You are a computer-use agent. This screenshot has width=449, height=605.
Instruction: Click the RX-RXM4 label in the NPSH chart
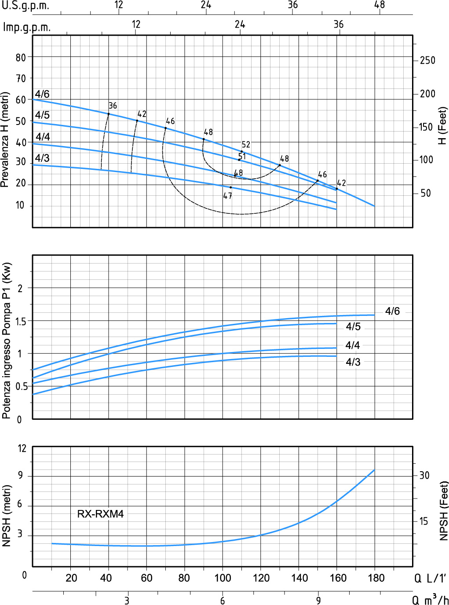[x=100, y=513]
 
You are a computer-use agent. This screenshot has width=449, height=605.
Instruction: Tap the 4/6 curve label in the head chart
[x=42, y=94]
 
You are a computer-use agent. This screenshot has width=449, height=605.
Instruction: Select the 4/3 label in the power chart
[x=353, y=362]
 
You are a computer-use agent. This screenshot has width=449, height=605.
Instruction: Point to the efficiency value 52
[x=246, y=144]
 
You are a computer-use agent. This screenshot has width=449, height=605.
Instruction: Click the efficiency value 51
[x=242, y=156]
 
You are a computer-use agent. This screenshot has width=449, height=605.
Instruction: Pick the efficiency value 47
[x=227, y=196]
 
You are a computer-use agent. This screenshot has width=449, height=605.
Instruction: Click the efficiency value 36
[x=113, y=106]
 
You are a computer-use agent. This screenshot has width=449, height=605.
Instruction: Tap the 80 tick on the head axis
[x=21, y=57]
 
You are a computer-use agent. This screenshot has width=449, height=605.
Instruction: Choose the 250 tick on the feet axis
[x=427, y=60]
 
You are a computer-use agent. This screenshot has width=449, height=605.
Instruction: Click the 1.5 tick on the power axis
[x=21, y=321]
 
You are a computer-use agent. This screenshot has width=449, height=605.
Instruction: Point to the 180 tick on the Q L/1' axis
[x=376, y=578]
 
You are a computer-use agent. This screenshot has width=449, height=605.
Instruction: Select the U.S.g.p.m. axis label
[x=26, y=6]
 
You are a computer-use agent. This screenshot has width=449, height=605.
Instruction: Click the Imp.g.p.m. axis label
[x=26, y=27]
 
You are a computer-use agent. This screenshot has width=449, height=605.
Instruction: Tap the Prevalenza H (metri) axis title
[x=5, y=139]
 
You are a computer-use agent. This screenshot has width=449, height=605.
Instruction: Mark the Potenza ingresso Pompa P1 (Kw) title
[x=6, y=341]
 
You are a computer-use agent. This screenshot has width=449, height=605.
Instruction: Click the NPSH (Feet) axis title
[x=443, y=510]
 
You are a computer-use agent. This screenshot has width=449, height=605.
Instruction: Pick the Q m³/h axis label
[x=430, y=599]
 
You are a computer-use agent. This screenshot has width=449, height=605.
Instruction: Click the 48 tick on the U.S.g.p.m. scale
[x=379, y=5]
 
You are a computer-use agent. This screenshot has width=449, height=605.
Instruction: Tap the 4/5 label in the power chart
[x=353, y=326]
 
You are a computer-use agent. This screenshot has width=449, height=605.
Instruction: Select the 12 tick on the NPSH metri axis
[x=22, y=448]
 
